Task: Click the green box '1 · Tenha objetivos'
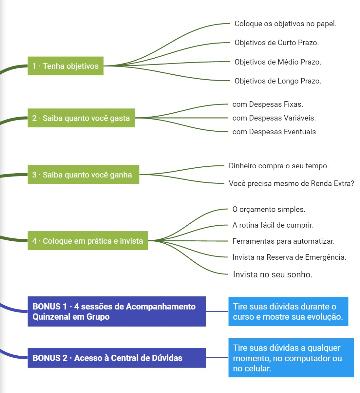click(x=65, y=66)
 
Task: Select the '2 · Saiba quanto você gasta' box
click(x=81, y=118)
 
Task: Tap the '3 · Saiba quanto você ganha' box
click(x=83, y=175)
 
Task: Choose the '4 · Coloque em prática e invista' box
click(x=87, y=241)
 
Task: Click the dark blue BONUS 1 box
click(x=116, y=311)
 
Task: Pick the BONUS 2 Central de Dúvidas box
click(x=116, y=358)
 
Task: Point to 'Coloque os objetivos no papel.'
click(x=285, y=24)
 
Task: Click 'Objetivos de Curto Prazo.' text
click(x=276, y=43)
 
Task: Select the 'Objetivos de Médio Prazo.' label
click(x=278, y=62)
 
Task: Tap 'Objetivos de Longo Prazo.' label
click(x=278, y=81)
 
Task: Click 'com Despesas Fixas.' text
click(x=268, y=104)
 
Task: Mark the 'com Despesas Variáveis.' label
click(x=274, y=118)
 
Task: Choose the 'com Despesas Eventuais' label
click(x=274, y=132)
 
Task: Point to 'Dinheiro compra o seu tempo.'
click(x=278, y=166)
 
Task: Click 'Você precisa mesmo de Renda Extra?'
click(x=291, y=183)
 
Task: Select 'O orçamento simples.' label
click(x=269, y=209)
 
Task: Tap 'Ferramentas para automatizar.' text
click(x=283, y=241)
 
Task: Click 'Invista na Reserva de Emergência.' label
click(x=289, y=257)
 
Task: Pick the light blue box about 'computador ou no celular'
click(x=291, y=358)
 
